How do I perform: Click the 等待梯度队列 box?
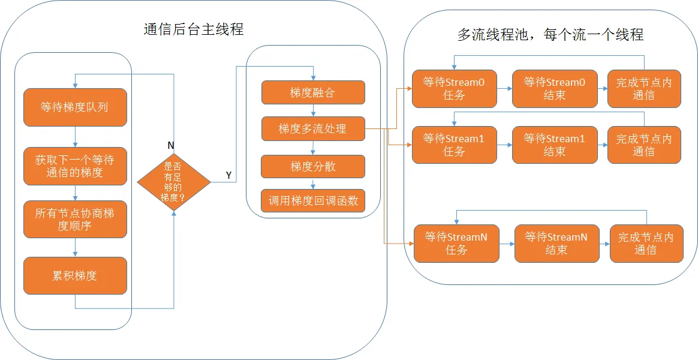(75, 107)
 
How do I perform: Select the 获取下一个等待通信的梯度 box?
(75, 166)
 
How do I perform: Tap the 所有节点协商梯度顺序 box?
(75, 219)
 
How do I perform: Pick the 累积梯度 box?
(75, 275)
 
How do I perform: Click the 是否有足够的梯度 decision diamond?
(174, 182)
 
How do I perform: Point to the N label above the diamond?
(170, 146)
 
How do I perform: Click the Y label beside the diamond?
(228, 176)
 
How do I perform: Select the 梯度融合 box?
(313, 92)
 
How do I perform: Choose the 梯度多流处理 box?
(313, 129)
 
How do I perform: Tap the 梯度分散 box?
(313, 167)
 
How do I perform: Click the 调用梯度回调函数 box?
(313, 201)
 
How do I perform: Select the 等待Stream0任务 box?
(455, 89)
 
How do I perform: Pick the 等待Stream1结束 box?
(554, 145)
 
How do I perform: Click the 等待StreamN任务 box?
(456, 243)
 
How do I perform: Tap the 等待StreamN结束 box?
(556, 243)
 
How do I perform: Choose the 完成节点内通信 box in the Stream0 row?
(644, 89)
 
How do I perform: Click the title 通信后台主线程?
(194, 30)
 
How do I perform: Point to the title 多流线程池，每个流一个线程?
(550, 34)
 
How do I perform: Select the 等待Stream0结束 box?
(554, 89)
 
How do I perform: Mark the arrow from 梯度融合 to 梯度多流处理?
(314, 110)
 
